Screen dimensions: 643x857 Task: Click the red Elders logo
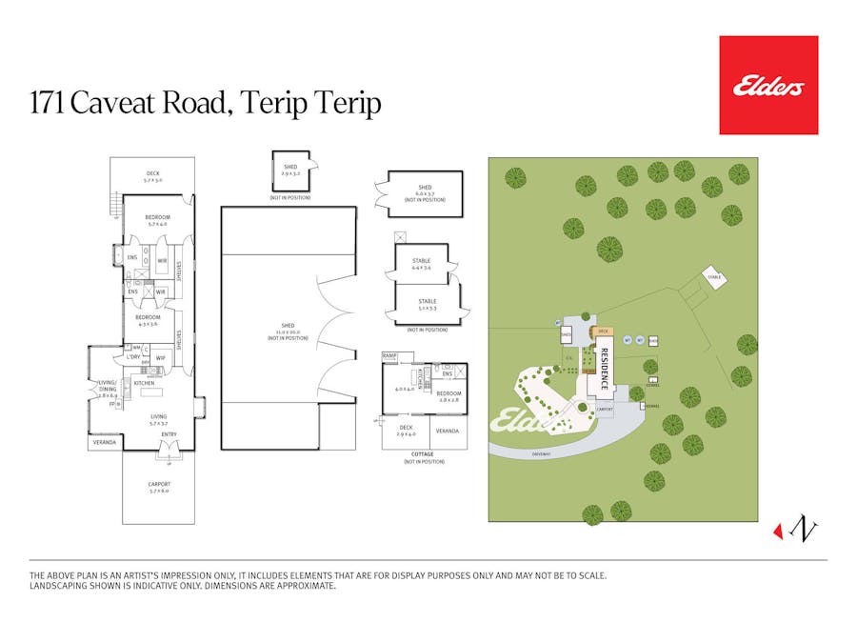(768, 85)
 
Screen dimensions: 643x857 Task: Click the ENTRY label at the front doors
(169, 435)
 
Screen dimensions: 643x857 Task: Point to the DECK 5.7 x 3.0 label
(152, 176)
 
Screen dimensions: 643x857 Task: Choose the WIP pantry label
(161, 358)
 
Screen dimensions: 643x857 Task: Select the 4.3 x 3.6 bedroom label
(147, 321)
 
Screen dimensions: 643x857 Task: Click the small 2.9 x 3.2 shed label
(290, 171)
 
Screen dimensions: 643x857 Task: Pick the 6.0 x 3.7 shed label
(425, 191)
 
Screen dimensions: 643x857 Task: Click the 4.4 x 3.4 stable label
(421, 264)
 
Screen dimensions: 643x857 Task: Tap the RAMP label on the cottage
(389, 355)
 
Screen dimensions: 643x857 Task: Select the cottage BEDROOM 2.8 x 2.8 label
(448, 396)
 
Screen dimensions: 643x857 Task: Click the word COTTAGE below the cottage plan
(422, 454)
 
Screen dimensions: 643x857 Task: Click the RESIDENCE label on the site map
(604, 369)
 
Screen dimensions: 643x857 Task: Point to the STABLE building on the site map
(714, 277)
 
